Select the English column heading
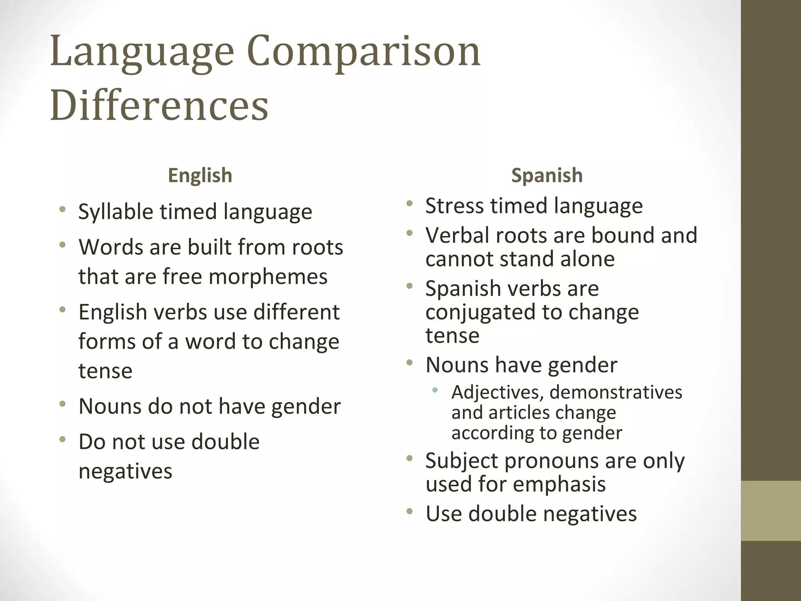pos(200,175)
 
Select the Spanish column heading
pos(547,175)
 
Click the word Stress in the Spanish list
pos(454,206)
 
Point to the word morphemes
pos(268,276)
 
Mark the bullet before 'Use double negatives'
pos(409,511)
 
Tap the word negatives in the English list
pos(125,471)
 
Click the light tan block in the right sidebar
pos(770,511)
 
